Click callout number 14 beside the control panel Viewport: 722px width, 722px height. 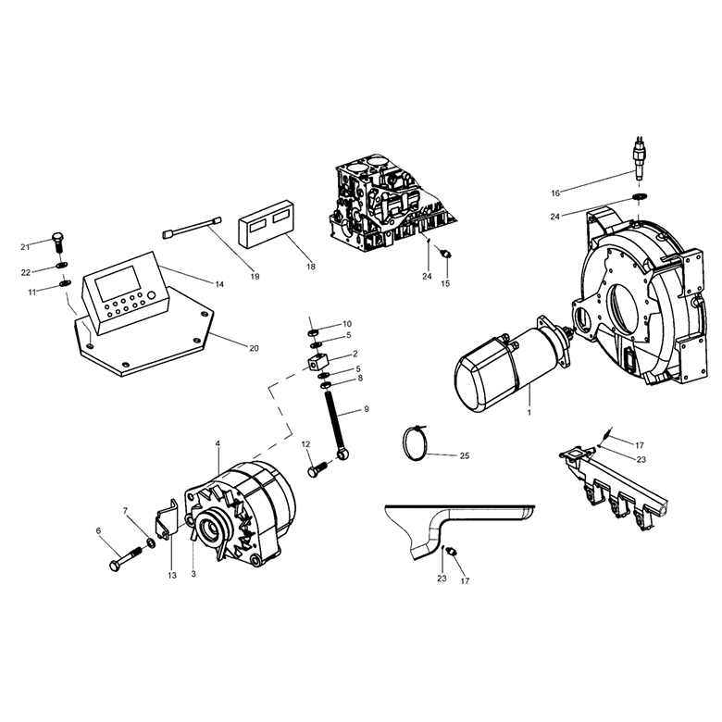pos(219,284)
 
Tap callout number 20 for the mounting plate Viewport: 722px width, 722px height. pos(254,349)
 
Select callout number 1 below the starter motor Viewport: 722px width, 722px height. pos(529,413)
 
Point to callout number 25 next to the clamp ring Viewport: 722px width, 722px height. pos(465,455)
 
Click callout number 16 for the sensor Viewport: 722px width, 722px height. pos(555,193)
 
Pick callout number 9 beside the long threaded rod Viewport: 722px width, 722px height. pos(367,409)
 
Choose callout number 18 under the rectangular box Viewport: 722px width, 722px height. pos(311,267)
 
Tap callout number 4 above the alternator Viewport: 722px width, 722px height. pos(218,443)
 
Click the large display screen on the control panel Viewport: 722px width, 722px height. pos(117,281)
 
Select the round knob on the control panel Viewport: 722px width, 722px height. pos(152,295)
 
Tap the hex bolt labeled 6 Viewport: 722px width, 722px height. pos(126,557)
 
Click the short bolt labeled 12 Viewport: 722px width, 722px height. pos(318,469)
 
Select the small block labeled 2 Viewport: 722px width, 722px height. pos(317,360)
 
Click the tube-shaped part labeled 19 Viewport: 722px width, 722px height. pos(192,228)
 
